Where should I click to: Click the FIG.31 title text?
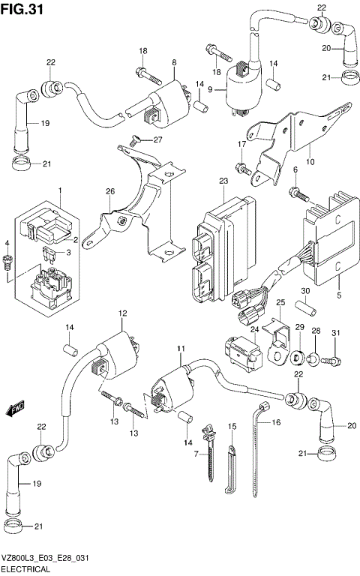20,9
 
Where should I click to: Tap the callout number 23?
223,181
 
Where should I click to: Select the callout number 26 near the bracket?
111,191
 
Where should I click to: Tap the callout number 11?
180,349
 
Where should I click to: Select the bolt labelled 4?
8,262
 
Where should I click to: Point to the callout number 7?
196,454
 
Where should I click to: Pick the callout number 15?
232,426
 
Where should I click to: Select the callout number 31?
335,333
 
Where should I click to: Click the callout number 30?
306,292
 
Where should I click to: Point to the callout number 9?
211,90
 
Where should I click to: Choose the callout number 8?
174,62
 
